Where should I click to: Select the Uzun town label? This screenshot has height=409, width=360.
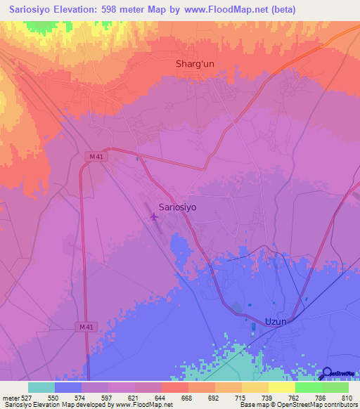tap(276, 321)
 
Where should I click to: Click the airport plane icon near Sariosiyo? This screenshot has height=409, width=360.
tap(154, 217)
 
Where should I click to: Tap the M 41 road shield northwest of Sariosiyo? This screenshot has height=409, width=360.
tap(98, 156)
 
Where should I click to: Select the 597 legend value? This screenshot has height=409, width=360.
tap(108, 397)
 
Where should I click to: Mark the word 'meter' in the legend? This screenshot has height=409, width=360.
tap(10, 397)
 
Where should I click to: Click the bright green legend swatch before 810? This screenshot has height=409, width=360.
tap(335, 387)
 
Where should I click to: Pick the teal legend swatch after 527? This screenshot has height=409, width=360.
tap(41, 387)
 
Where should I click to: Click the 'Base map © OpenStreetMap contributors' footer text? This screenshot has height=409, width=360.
tap(297, 405)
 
